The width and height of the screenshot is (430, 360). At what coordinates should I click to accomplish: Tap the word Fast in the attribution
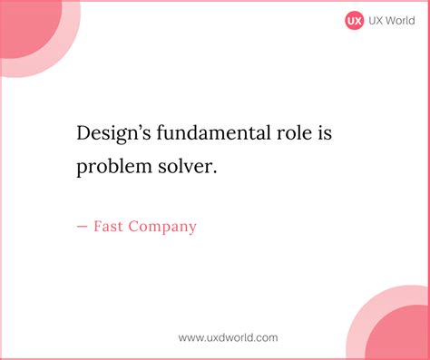coord(109,226)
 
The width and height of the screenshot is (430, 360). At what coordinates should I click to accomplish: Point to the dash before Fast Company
coord(83,227)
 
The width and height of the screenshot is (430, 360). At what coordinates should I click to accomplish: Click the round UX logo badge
coord(354,20)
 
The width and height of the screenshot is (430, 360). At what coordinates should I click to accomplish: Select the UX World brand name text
coord(389,20)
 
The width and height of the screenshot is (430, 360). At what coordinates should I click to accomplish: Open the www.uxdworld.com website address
coord(228,337)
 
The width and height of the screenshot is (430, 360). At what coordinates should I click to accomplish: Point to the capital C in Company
coord(137,226)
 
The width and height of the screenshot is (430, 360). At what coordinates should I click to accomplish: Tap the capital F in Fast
coord(98,226)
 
